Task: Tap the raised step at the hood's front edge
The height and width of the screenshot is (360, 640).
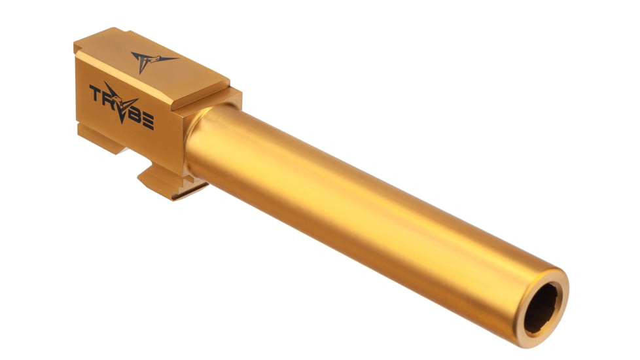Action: click(x=196, y=98)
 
